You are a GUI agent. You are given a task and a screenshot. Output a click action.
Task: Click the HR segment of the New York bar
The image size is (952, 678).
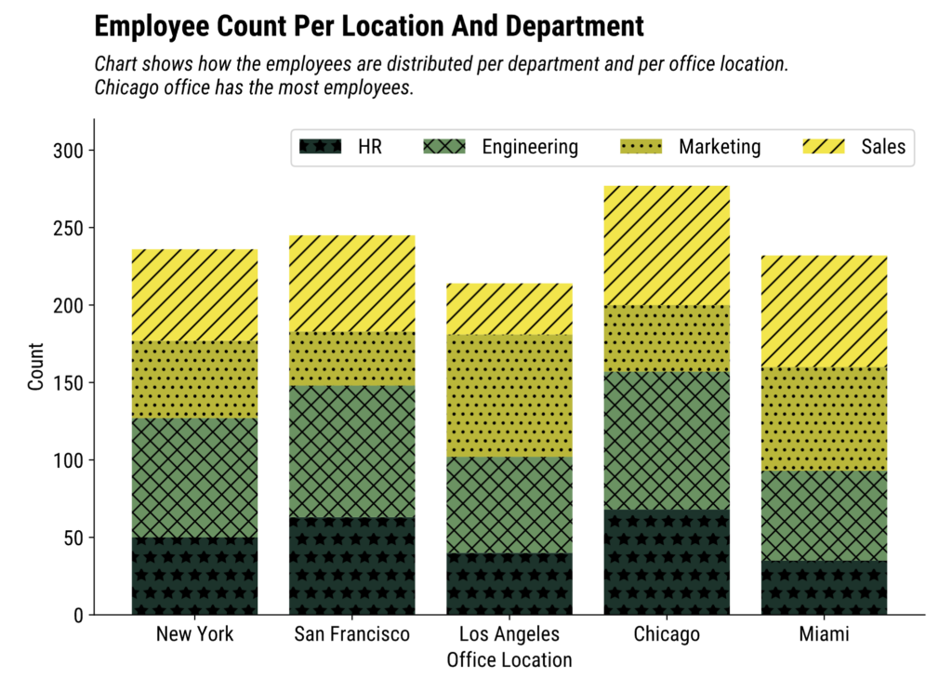point(194,576)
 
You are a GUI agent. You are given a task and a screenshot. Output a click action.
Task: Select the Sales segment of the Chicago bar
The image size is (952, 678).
point(667,246)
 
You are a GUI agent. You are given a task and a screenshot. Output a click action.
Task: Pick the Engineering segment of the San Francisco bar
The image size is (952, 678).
point(352,451)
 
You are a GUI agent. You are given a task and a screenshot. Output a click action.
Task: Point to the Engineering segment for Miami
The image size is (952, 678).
point(824,515)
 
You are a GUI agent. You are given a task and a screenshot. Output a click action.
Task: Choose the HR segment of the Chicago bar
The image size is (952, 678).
point(667,562)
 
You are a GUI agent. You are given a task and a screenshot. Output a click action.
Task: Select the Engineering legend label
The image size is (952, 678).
point(530,147)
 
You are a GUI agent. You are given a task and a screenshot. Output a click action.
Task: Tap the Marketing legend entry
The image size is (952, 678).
point(720,147)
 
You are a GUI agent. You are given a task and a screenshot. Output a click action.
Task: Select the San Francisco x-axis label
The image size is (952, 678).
point(352,635)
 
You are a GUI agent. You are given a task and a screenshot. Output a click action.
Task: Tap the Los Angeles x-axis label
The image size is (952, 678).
point(509,635)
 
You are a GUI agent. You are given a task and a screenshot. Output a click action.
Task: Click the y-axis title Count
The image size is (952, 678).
point(36,366)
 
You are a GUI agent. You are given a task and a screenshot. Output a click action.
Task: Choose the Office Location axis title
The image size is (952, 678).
point(509,660)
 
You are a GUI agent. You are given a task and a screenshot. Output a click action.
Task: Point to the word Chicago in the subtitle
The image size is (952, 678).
point(125,89)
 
